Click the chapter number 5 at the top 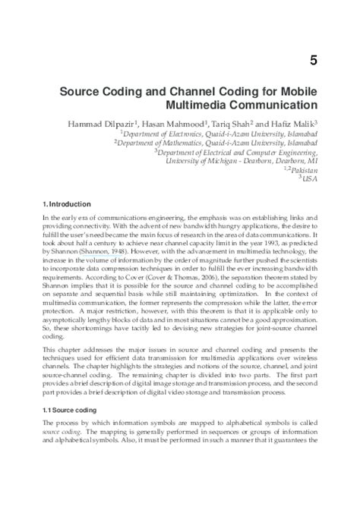[314, 58]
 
